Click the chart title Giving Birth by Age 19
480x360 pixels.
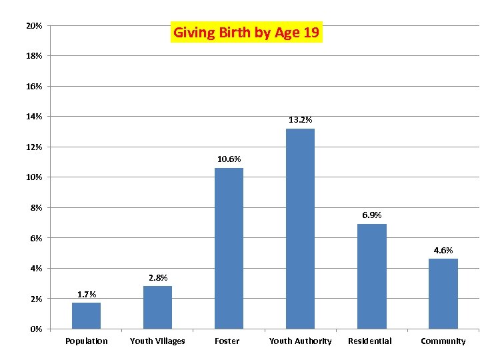pyautogui.click(x=247, y=32)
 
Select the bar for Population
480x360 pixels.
pyautogui.click(x=86, y=315)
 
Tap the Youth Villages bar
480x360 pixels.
pyautogui.click(x=157, y=307)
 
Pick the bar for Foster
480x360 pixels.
pyautogui.click(x=229, y=248)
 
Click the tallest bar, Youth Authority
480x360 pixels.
pyautogui.click(x=300, y=228)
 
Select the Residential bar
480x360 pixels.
pyautogui.click(x=371, y=276)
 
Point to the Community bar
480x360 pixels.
pyautogui.click(x=443, y=293)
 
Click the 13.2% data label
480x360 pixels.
pyautogui.click(x=300, y=120)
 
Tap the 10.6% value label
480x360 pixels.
pyautogui.click(x=229, y=159)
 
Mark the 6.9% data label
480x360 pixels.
pyautogui.click(x=371, y=215)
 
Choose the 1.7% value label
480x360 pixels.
pyautogui.click(x=87, y=294)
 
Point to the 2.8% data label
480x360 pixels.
pyautogui.click(x=158, y=278)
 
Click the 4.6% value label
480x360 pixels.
pyautogui.click(x=443, y=251)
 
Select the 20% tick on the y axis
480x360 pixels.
pyautogui.click(x=34, y=26)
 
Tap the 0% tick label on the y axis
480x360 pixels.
pyautogui.click(x=36, y=329)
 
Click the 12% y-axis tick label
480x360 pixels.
pyautogui.click(x=34, y=147)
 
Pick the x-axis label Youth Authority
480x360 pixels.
pyautogui.click(x=300, y=341)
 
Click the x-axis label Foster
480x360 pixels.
pyautogui.click(x=227, y=341)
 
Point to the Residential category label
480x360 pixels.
pyautogui.click(x=370, y=341)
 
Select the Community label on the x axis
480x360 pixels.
pyautogui.click(x=443, y=341)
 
